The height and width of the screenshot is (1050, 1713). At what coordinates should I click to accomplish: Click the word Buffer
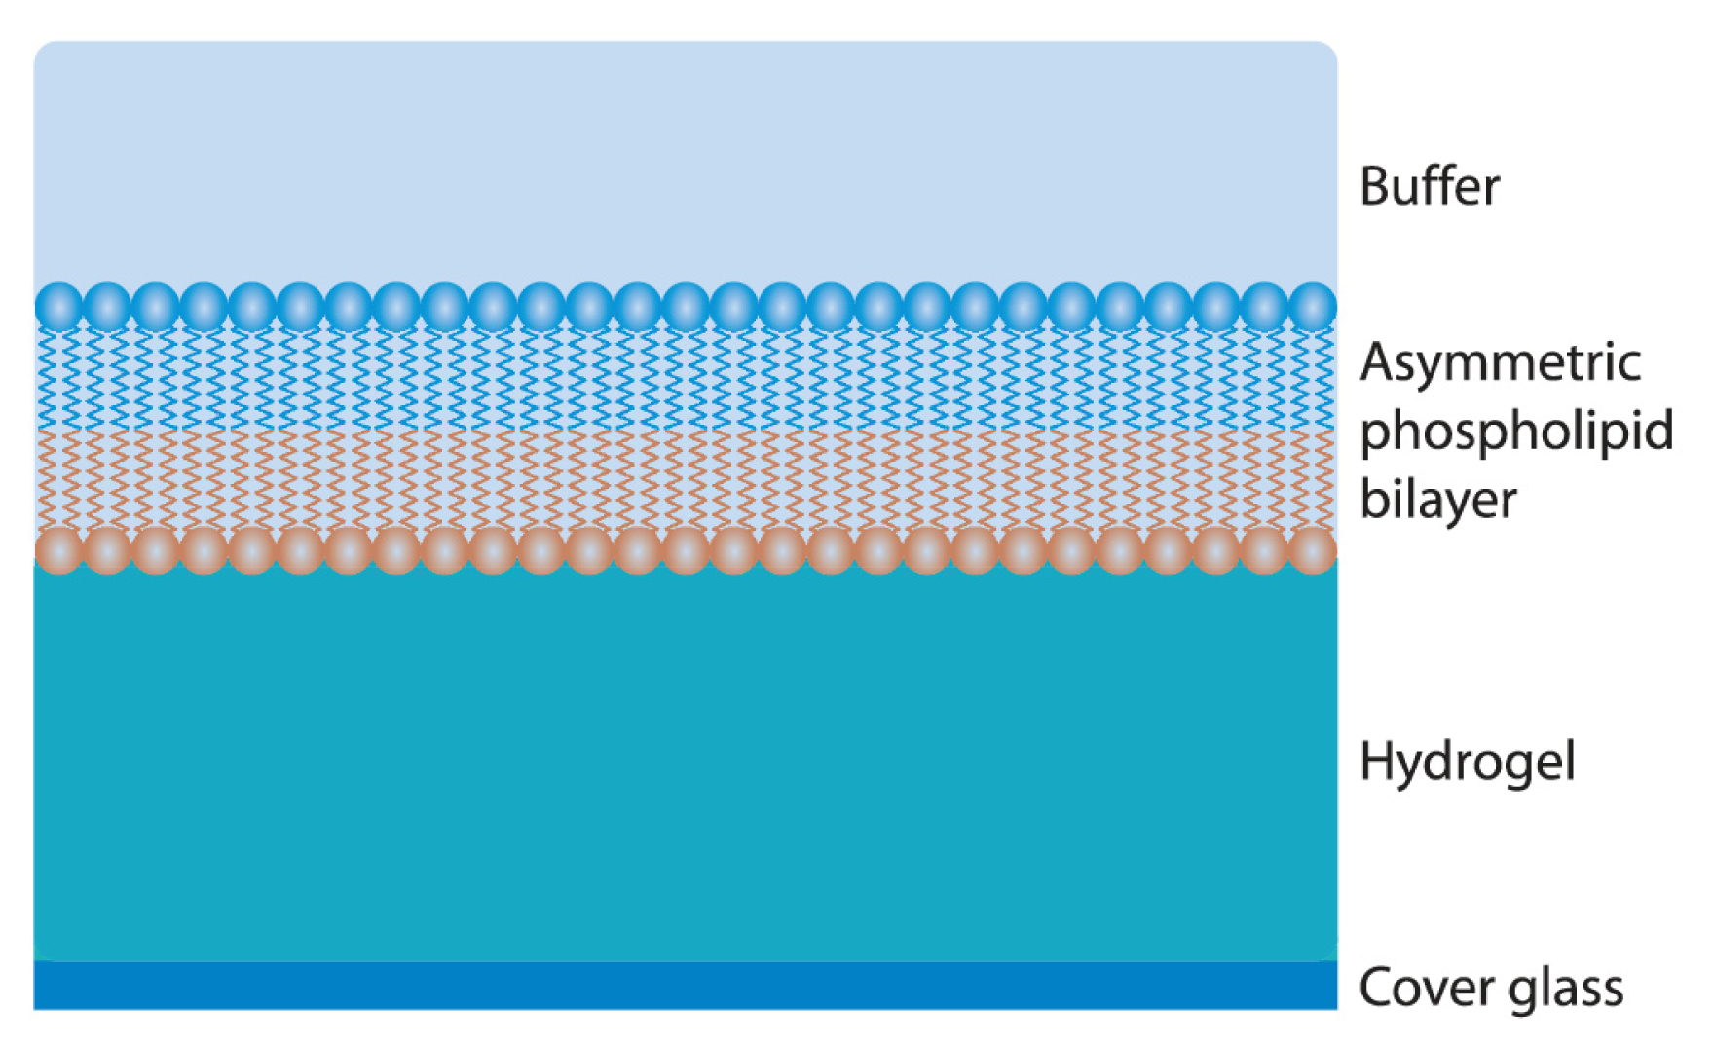point(1429,186)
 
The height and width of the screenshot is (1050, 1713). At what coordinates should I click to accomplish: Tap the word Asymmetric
point(1500,362)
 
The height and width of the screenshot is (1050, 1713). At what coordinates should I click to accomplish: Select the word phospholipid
point(1516,431)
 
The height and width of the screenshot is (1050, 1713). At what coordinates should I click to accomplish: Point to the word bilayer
point(1437,500)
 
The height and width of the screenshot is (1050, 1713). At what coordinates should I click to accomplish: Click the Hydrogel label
point(1467,761)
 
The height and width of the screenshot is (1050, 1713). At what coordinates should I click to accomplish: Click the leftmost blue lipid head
point(59,306)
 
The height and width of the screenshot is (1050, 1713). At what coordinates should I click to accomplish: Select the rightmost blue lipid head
point(1312,306)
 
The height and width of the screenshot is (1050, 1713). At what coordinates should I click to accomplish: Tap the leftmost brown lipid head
point(59,550)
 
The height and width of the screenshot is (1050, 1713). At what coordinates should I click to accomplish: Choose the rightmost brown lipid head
point(1312,550)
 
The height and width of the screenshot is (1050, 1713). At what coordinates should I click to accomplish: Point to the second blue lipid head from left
point(107,306)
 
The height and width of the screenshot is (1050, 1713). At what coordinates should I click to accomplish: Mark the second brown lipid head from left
point(107,550)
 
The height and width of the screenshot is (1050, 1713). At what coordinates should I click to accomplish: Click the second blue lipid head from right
point(1264,306)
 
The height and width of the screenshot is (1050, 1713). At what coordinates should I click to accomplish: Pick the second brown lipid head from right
point(1264,550)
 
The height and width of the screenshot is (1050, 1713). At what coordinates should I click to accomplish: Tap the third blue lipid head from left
point(156,306)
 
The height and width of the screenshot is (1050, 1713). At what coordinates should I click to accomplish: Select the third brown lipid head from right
point(1215,550)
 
